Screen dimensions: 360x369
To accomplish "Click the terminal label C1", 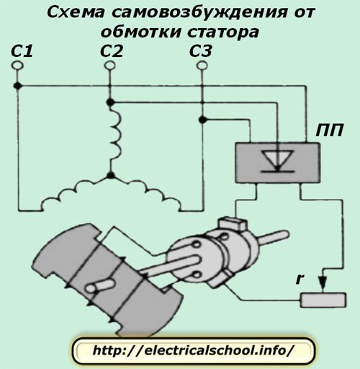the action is click(x=22, y=51).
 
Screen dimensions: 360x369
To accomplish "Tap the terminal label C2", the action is click(x=112, y=51).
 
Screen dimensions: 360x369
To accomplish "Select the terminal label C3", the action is click(x=201, y=51).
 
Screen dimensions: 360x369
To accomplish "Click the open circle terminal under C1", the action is click(x=17, y=65).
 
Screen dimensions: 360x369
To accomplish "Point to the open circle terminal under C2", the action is click(x=109, y=65).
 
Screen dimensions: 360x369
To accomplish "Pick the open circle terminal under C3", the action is click(x=202, y=65).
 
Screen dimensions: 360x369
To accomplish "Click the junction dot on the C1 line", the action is click(x=17, y=86).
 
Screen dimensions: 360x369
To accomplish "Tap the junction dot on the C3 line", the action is click(x=202, y=120).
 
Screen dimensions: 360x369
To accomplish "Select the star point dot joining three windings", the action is click(x=110, y=175).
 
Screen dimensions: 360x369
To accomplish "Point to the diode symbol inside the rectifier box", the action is click(x=278, y=161).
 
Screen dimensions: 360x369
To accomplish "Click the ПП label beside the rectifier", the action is click(x=329, y=131).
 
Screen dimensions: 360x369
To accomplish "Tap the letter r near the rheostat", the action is click(x=300, y=279).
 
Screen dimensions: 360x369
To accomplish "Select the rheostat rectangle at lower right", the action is click(x=323, y=300).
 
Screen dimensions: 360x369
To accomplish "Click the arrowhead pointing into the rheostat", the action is click(x=323, y=280).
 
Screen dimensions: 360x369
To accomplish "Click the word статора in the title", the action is click(x=223, y=32).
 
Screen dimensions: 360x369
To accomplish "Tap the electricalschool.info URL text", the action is click(x=192, y=350).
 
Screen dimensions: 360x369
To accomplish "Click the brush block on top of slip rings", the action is click(x=232, y=223).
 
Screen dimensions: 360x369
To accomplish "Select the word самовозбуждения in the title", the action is click(x=199, y=12).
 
